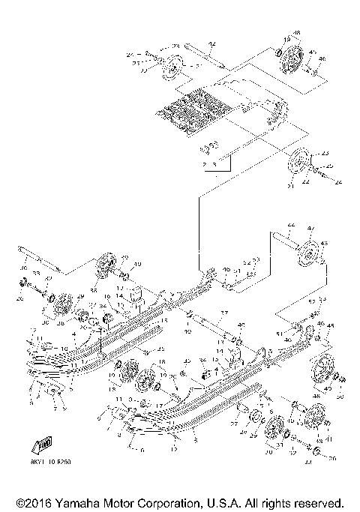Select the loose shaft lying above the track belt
click(x=203, y=55)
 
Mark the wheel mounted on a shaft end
click(x=307, y=259)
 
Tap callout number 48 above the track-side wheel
click(x=296, y=34)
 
